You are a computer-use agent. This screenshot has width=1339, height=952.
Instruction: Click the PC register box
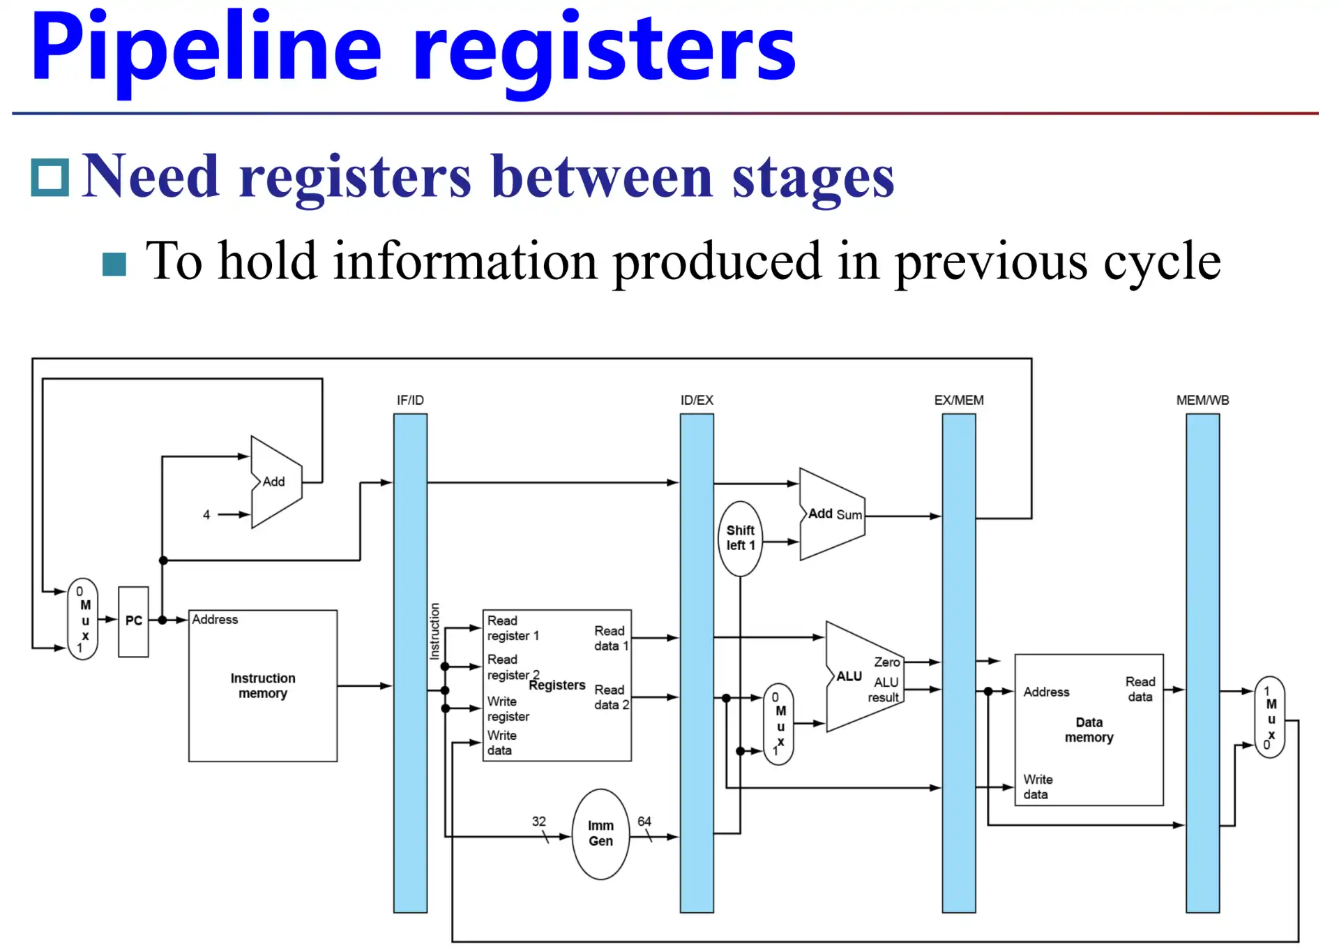[x=133, y=621]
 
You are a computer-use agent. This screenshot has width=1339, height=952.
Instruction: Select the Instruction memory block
[x=263, y=685]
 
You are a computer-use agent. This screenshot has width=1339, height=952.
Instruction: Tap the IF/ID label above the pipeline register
[x=410, y=400]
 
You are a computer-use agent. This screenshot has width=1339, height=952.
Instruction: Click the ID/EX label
[x=697, y=400]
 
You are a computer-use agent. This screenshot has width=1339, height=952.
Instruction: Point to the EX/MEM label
[x=959, y=400]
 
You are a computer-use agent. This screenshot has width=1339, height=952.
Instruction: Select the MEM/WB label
[x=1202, y=400]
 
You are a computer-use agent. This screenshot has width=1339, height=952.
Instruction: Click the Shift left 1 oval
[x=740, y=538]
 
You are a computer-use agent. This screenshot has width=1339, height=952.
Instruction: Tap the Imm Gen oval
[x=600, y=833]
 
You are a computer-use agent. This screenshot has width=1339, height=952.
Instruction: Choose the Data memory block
[x=1089, y=729]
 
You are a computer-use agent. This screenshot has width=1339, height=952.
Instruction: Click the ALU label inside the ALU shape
[x=849, y=676]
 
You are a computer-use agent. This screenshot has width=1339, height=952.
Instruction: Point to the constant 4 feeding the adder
[x=206, y=514]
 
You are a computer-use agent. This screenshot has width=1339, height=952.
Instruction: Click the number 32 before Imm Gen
[x=539, y=821]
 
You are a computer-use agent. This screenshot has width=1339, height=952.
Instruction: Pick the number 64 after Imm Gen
[x=644, y=821]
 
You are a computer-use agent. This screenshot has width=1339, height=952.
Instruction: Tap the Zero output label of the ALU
[x=887, y=662]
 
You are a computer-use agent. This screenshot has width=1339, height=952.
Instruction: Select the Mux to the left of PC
[x=83, y=620]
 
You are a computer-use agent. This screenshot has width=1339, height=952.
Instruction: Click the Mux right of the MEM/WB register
[x=1270, y=717]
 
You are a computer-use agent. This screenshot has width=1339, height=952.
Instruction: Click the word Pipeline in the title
[x=206, y=49]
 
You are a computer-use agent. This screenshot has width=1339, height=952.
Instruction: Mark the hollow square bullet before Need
[x=50, y=177]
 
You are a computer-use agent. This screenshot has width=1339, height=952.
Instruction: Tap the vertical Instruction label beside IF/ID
[x=434, y=631]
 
